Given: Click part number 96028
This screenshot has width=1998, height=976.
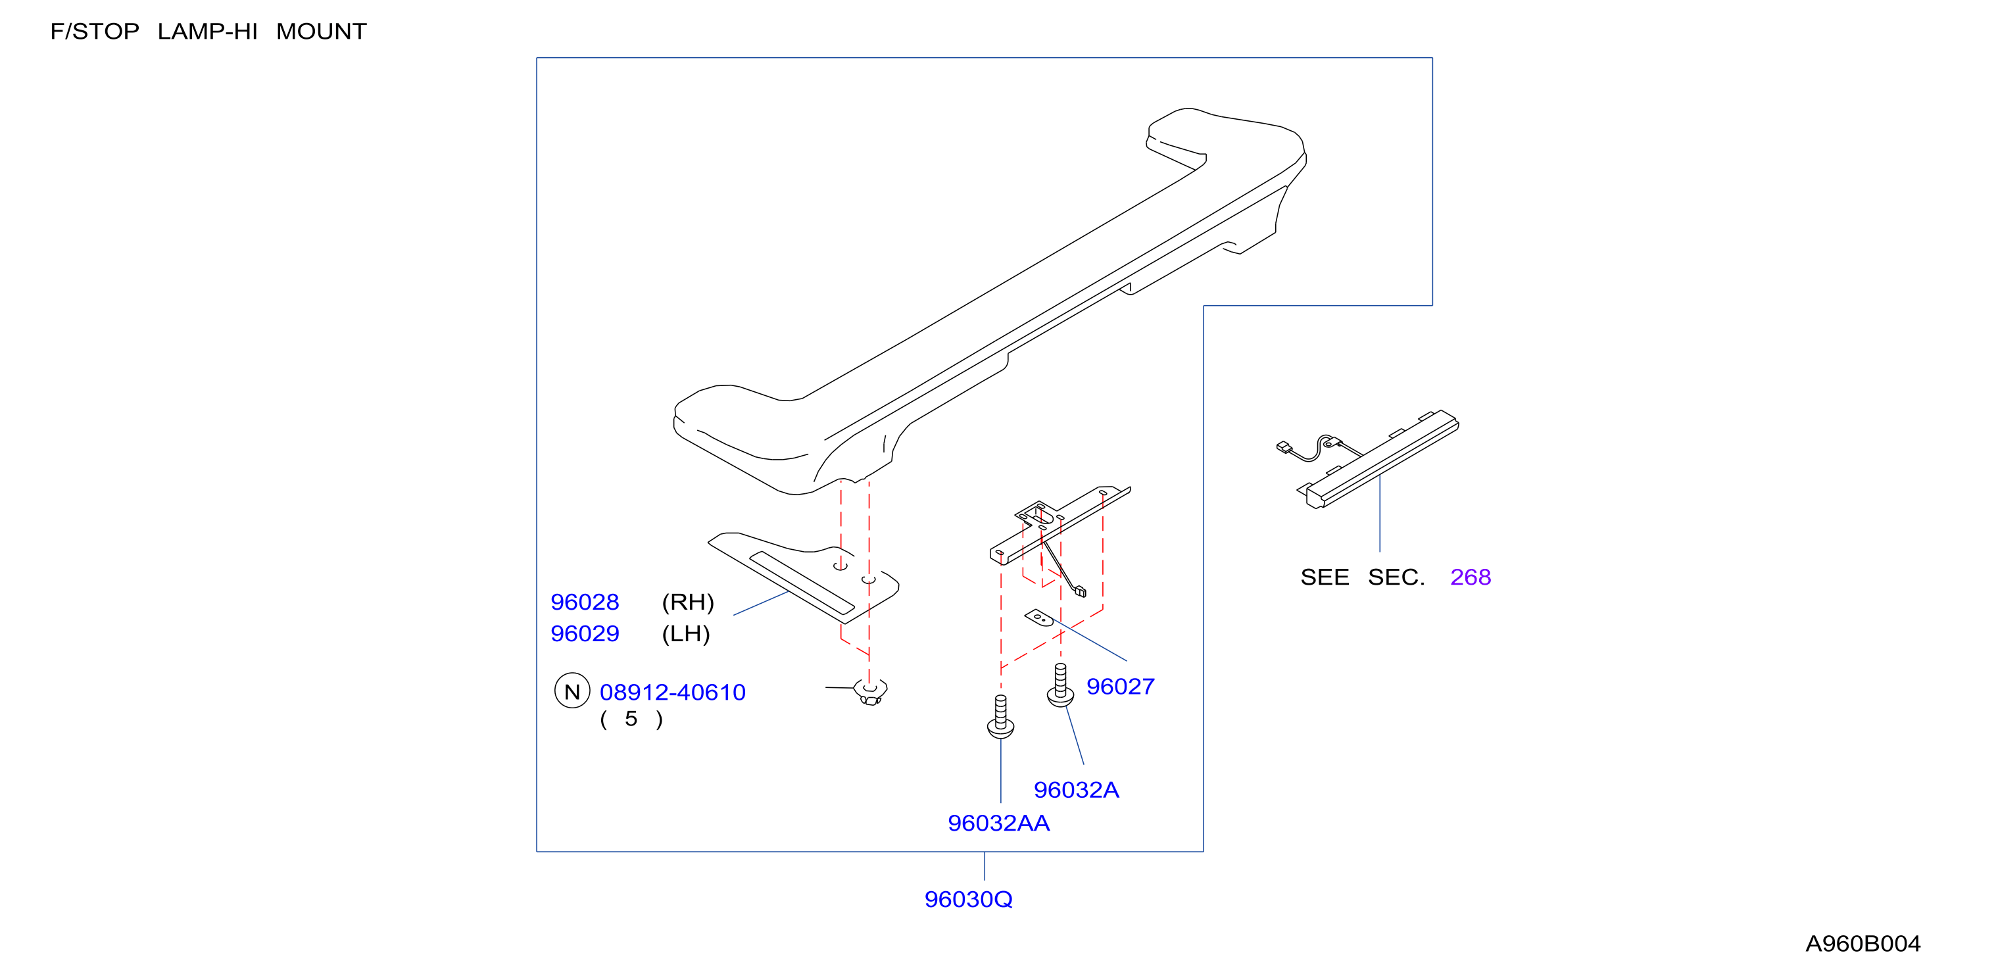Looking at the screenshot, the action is click(585, 602).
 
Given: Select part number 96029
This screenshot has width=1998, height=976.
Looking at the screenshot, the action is click(585, 634).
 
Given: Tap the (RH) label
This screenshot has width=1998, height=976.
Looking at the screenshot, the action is click(687, 602).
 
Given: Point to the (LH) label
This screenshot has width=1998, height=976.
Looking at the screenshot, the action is click(686, 634).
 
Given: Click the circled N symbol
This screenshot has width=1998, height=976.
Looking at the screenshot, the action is click(572, 691).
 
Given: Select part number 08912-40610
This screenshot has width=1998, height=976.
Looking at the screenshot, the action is click(672, 692).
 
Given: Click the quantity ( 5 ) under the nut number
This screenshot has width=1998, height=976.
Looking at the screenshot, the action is click(631, 720).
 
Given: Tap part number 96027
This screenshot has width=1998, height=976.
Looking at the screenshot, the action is click(1120, 687).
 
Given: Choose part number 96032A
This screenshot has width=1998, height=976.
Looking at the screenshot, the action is click(1076, 790).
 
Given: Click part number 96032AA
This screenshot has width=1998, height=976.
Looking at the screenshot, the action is click(998, 823).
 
